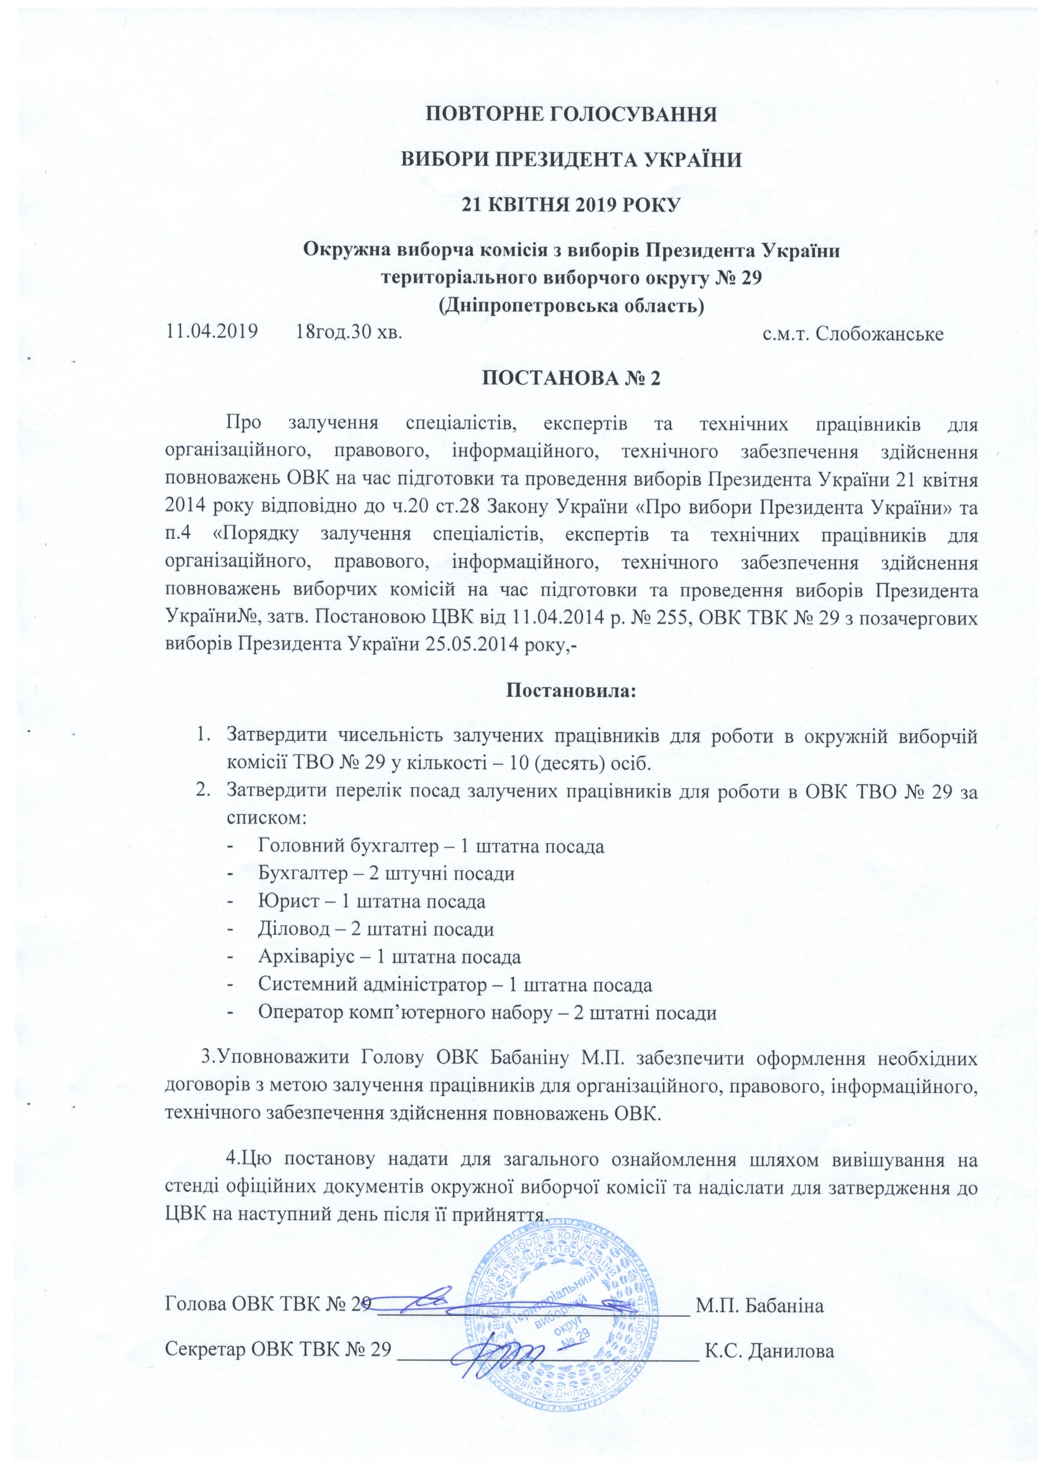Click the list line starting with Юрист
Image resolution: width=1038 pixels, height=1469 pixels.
coord(372,902)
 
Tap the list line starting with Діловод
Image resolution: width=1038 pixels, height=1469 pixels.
coord(375,930)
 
